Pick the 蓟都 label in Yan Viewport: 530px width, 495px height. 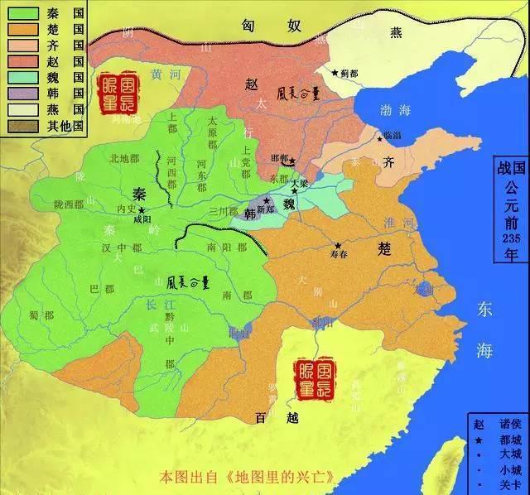[349, 73]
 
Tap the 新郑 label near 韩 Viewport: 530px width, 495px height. [265, 210]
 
